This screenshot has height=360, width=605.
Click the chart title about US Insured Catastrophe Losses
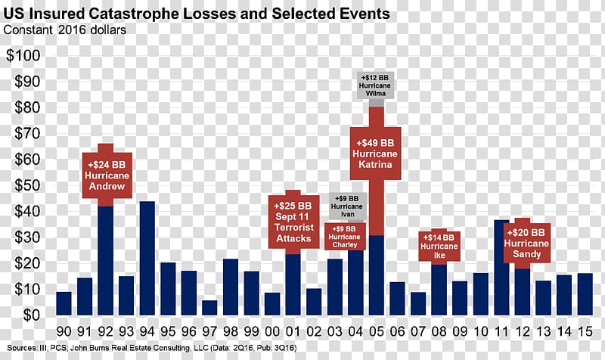pos(197,14)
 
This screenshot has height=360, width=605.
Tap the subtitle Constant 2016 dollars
pos(66,29)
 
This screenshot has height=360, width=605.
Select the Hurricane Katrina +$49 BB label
pos(375,154)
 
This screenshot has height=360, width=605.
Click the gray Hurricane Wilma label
pos(376,85)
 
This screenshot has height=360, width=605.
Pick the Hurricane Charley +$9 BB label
pos(345,237)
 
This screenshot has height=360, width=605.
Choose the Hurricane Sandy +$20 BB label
pos(527,243)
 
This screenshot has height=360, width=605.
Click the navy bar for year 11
pos(501,268)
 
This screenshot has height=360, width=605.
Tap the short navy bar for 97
pos(209,308)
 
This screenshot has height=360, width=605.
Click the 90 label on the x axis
pos(64,331)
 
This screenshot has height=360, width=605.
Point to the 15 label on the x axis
pos(585,331)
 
